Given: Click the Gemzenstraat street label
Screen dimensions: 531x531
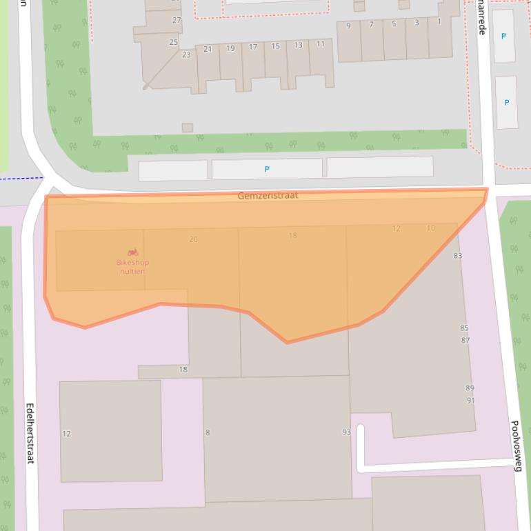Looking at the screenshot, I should pyautogui.click(x=268, y=196).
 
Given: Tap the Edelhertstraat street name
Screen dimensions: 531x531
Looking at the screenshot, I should pyautogui.click(x=30, y=433).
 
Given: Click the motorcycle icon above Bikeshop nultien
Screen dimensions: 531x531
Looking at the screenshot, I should pyautogui.click(x=132, y=252).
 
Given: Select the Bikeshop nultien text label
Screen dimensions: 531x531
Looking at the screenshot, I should pyautogui.click(x=132, y=267).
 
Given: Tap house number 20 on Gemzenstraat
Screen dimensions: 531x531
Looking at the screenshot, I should pyautogui.click(x=193, y=239).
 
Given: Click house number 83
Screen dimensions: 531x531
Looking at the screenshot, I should pyautogui.click(x=457, y=256).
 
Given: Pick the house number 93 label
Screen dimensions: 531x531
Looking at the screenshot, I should pyautogui.click(x=346, y=432).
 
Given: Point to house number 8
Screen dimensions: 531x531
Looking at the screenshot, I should pyautogui.click(x=208, y=433).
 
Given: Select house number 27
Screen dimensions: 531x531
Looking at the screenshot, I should pyautogui.click(x=177, y=21).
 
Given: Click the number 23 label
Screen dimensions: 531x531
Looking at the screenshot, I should pyautogui.click(x=186, y=54).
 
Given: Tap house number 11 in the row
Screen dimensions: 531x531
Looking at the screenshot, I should pyautogui.click(x=321, y=44).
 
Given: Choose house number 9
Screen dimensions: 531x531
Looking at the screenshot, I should pyautogui.click(x=348, y=26).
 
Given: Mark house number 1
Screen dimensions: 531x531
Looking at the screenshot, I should pyautogui.click(x=439, y=21).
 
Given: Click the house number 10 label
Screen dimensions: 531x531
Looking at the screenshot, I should pyautogui.click(x=431, y=228).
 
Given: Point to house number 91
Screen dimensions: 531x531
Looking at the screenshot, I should pyautogui.click(x=470, y=401).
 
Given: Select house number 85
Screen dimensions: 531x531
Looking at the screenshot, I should pyautogui.click(x=464, y=328).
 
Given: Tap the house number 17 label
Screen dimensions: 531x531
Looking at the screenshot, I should pyautogui.click(x=253, y=48).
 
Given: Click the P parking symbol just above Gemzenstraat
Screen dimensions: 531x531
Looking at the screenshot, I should pyautogui.click(x=267, y=169).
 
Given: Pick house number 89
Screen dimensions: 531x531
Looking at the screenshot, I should pyautogui.click(x=470, y=388).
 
